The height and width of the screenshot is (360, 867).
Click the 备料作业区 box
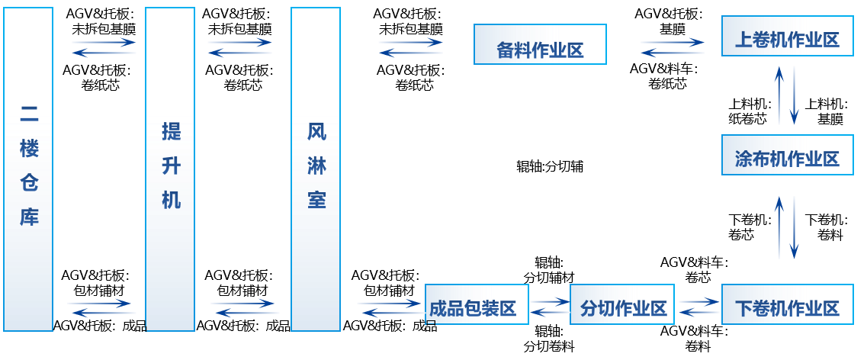pos(540,44)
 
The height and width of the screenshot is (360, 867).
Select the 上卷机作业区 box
pos(787,36)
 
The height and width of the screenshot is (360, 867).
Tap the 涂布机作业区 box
pos(787,155)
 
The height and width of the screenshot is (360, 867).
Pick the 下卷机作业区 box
pos(787,304)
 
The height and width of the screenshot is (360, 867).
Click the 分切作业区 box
pos(621,304)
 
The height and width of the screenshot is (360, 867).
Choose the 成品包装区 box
pos(477,304)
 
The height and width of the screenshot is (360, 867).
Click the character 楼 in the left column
pos(29,149)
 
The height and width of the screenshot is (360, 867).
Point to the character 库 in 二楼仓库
pos(29,217)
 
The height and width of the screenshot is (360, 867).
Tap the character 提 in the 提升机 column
pos(171,131)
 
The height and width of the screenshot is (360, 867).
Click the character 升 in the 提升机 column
pos(171,166)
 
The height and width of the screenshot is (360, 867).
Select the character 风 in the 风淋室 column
pos(316,131)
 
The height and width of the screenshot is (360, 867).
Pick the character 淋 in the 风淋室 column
pos(316,166)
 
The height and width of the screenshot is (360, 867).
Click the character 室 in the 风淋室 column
pos(316,200)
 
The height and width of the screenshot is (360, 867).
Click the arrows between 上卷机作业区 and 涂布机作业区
pos(786,95)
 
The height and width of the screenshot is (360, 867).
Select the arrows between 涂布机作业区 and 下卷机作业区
pos(786,227)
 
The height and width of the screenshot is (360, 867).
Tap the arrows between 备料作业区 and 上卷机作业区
pos(672,47)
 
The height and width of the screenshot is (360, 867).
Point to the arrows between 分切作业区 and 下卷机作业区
pos(698,307)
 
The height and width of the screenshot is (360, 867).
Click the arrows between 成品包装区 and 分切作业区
pos(550,307)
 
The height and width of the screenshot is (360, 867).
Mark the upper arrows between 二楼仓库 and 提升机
pos(104,47)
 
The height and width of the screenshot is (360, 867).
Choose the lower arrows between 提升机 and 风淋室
pos(244,308)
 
